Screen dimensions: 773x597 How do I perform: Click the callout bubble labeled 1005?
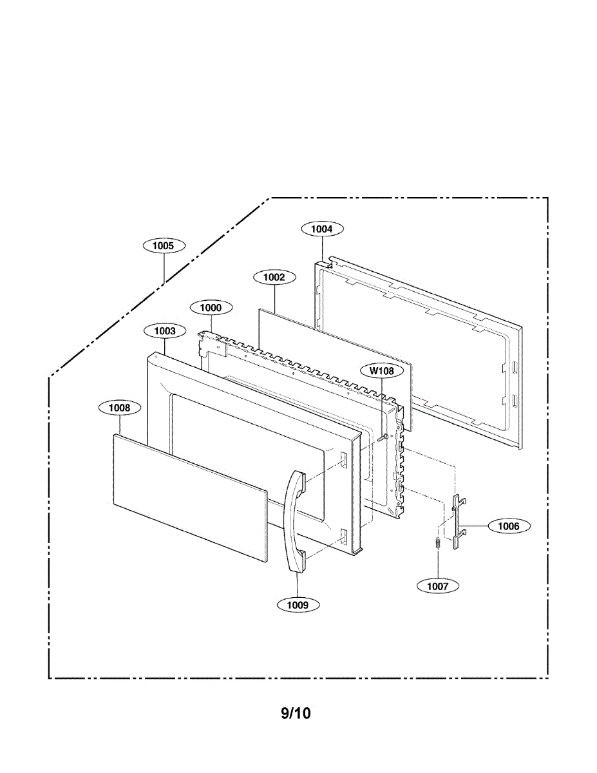coord(164,245)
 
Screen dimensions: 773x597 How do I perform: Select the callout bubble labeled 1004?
coord(322,228)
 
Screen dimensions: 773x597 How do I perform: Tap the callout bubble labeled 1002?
coord(275,277)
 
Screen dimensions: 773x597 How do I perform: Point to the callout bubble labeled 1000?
coord(211,308)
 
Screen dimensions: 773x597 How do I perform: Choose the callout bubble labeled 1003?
coord(165,330)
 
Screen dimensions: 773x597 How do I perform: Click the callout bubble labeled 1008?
coord(119,407)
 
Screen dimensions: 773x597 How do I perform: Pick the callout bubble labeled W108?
coord(382,370)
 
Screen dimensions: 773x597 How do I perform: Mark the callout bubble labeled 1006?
coord(509,526)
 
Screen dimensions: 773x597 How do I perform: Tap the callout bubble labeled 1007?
coord(437,586)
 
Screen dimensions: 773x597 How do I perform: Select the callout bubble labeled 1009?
coord(298,604)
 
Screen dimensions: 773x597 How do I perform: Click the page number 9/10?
coord(296,713)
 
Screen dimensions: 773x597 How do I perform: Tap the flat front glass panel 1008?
coord(189,497)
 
